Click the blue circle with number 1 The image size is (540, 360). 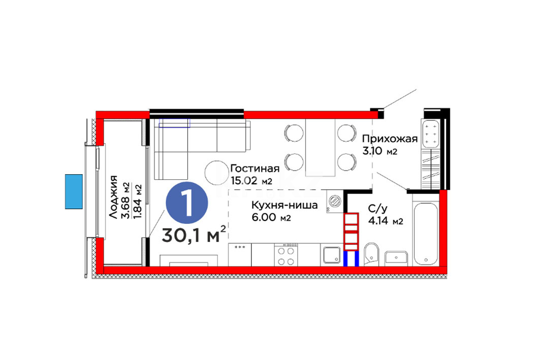click(x=187, y=203)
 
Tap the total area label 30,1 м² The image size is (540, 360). click(x=194, y=235)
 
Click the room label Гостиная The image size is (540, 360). click(x=255, y=169)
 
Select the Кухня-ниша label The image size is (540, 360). click(x=284, y=206)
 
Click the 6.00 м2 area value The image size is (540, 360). click(x=271, y=218)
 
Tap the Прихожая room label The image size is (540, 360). click(x=390, y=139)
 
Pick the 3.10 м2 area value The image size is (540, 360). click(x=380, y=151)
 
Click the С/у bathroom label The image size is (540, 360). click(x=378, y=209)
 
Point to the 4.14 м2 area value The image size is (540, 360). click(x=386, y=221)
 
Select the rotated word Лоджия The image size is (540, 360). click(x=113, y=197)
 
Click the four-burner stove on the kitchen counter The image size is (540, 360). click(x=286, y=255)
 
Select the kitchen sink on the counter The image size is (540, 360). click(x=332, y=255)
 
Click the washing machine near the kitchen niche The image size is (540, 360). click(x=334, y=202)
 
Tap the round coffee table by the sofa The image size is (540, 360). click(x=216, y=173)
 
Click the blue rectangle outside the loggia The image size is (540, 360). click(x=74, y=191)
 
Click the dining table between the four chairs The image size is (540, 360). click(x=320, y=148)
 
